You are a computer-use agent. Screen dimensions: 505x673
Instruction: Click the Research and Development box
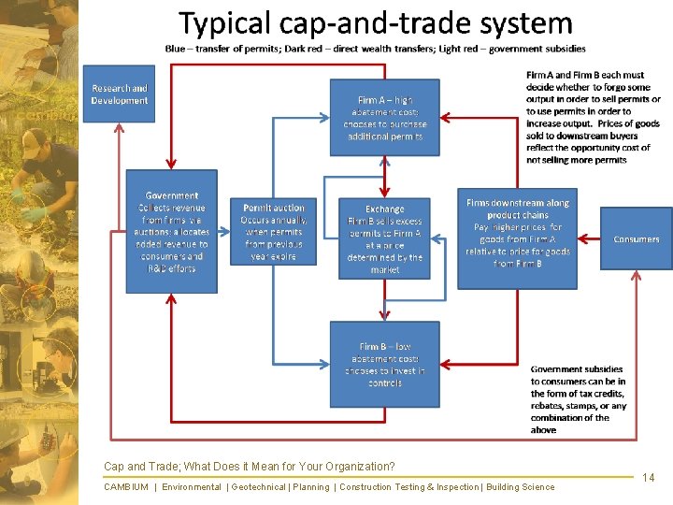(x=119, y=94)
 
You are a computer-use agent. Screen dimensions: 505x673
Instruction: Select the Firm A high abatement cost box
(x=384, y=117)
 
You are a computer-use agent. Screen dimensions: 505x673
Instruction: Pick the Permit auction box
(x=273, y=231)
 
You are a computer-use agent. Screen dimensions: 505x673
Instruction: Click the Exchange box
(x=384, y=238)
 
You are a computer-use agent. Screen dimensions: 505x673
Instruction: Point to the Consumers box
(x=636, y=238)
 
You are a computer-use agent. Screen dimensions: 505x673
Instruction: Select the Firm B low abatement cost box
(x=384, y=364)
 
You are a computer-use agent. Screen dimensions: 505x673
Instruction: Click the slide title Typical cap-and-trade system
(x=376, y=22)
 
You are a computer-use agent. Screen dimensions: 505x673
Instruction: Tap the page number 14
(x=649, y=478)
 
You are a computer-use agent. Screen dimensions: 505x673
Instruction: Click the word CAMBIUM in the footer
(x=125, y=486)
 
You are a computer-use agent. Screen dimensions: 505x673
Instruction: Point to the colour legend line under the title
(x=376, y=49)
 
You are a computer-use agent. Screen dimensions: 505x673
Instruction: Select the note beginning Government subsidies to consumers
(x=579, y=399)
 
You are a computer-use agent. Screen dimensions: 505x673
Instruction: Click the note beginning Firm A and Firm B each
(x=593, y=117)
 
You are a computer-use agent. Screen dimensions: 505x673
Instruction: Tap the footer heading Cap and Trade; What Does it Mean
(x=249, y=466)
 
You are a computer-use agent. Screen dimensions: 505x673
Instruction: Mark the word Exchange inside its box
(x=384, y=209)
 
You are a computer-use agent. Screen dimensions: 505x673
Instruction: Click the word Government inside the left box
(x=171, y=195)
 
